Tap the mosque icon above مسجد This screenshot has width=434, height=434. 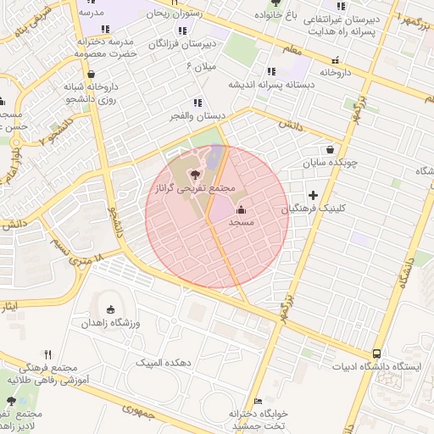coord(241,209)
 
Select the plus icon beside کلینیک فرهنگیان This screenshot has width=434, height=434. coord(313,196)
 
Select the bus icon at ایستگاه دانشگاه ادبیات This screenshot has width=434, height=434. coord(376,353)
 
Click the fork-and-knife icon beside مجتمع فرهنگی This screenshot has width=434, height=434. coord(47,355)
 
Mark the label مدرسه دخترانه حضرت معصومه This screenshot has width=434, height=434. coord(105,47)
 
